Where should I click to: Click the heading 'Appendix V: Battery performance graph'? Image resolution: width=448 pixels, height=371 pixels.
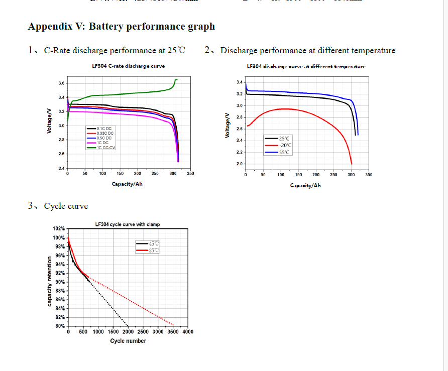point(121,26)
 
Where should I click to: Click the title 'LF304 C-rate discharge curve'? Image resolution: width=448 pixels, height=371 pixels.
point(128,66)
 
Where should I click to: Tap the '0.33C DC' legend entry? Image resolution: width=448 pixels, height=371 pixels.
point(105,133)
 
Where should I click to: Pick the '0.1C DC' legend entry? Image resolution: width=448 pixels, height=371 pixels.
point(104,129)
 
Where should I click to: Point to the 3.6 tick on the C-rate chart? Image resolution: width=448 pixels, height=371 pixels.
point(61,83)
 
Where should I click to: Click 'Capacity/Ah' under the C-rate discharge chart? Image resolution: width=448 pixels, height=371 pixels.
point(127,184)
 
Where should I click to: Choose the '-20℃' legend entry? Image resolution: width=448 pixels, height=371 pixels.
point(285,145)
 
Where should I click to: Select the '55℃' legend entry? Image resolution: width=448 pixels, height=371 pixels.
point(284,152)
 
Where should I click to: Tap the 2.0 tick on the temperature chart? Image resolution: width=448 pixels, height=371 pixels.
point(240,164)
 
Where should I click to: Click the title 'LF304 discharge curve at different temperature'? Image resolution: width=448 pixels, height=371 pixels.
point(306,66)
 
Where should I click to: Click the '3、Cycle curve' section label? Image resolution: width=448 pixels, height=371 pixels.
point(58,206)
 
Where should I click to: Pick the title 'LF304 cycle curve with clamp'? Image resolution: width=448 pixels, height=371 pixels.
point(128,224)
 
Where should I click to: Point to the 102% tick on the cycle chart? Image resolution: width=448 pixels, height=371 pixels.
point(59,228)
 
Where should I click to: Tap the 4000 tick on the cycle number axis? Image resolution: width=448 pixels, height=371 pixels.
point(187,332)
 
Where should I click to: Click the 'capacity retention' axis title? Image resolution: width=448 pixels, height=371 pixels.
point(50,281)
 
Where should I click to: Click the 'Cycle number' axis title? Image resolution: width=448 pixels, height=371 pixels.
point(128,341)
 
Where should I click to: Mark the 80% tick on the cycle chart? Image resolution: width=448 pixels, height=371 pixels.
point(60,326)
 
